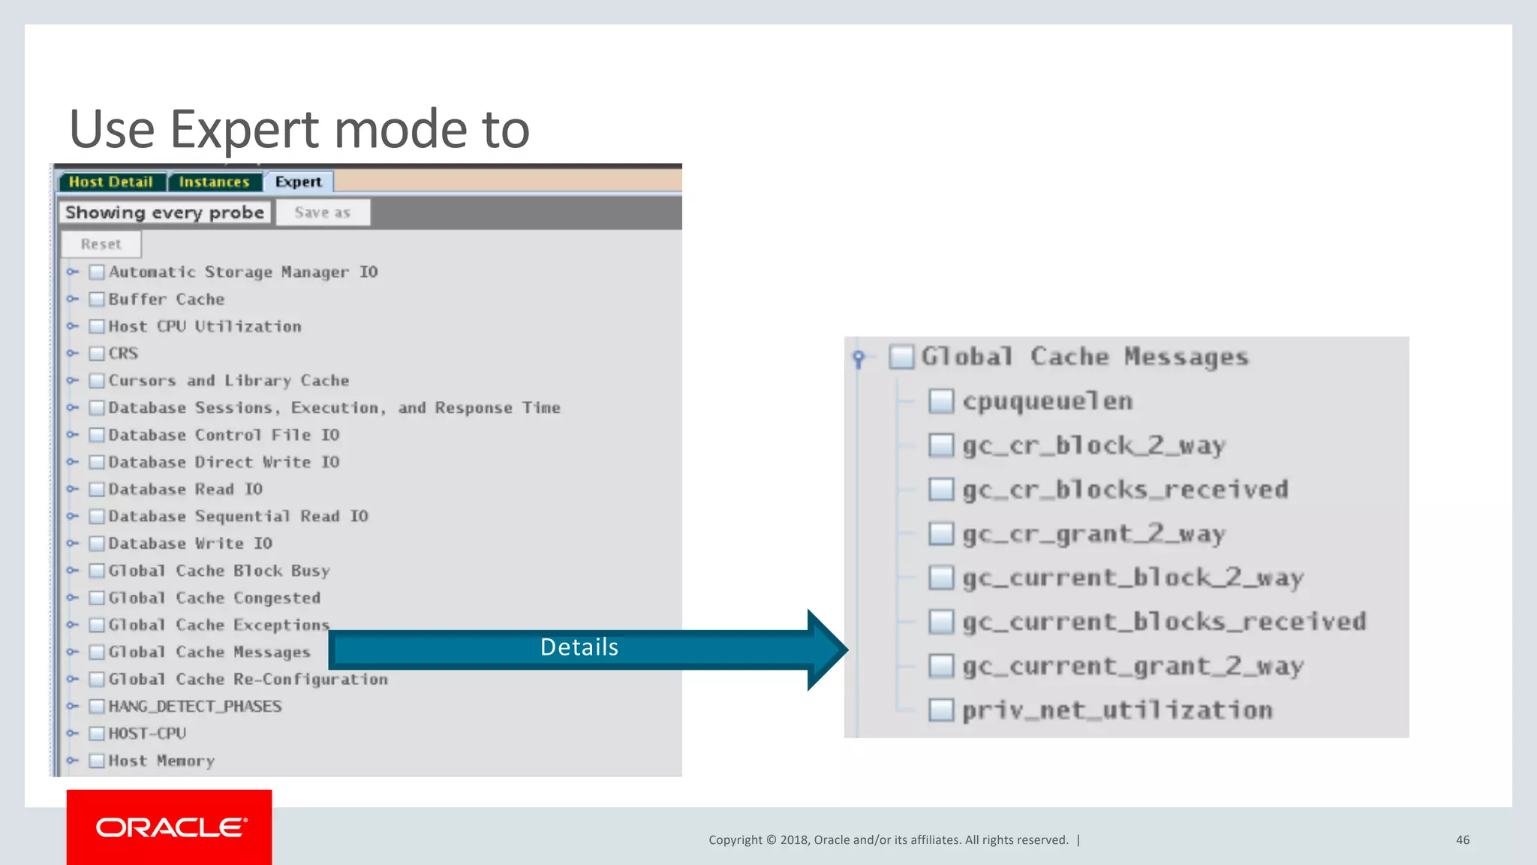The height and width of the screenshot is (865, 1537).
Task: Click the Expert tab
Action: point(298,182)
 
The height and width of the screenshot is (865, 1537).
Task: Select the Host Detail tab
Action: point(110,182)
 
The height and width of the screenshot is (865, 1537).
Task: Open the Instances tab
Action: point(214,182)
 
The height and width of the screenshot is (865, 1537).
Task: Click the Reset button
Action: point(101,244)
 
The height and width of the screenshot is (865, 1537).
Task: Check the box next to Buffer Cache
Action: point(97,300)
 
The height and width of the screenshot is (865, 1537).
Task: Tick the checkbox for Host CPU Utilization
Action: point(97,327)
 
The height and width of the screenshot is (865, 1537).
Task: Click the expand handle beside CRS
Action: point(73,353)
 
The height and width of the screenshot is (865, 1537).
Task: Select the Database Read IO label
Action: point(185,490)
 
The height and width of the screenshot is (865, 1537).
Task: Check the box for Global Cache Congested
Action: point(97,598)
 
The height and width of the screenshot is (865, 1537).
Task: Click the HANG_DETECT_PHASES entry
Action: point(195,707)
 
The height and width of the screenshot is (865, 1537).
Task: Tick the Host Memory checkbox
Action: point(97,761)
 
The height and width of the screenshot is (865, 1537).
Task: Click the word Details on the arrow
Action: point(579,647)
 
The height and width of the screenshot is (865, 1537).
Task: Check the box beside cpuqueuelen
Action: point(941,402)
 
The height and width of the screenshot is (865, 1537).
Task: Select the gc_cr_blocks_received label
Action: point(1125,490)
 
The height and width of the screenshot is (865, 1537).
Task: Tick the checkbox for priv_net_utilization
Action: point(941,710)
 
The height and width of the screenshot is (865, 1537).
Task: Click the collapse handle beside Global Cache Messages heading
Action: point(859,358)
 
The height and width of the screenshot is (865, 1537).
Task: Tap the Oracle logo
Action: point(170,827)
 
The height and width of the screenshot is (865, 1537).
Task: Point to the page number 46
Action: point(1463,840)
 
